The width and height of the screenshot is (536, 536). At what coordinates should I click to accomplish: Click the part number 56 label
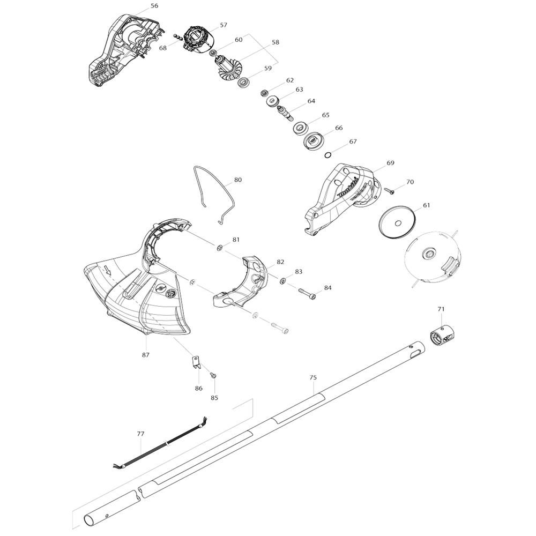coord(154,6)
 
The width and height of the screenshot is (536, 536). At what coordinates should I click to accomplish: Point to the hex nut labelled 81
coord(220,248)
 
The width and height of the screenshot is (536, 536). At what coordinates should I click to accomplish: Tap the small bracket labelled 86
coord(196,362)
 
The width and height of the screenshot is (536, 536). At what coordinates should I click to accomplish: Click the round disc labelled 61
coord(397,222)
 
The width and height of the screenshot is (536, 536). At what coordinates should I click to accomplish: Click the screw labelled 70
coord(390,190)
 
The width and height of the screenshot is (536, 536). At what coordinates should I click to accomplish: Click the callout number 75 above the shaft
coord(314,378)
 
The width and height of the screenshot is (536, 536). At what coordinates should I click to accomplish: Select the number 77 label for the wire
coord(140,433)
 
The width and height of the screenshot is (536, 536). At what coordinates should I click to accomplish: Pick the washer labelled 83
coord(283,281)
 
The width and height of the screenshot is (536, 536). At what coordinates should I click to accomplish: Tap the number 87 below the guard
coord(146,355)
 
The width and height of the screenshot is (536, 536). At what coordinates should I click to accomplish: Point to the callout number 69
coord(390,162)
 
